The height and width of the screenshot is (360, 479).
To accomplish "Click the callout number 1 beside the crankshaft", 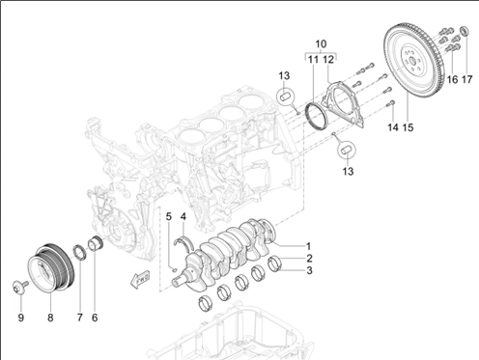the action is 308,246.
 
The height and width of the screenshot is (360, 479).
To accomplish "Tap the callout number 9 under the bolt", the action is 21,318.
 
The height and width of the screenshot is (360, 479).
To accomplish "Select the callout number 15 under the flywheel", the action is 408,127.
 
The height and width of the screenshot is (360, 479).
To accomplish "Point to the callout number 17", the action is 467,79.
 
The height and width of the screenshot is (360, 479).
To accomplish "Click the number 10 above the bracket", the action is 321,43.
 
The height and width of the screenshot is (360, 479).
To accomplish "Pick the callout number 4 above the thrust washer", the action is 183,216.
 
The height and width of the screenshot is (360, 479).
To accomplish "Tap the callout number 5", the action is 169,216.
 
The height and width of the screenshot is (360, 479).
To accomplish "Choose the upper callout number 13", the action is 284,76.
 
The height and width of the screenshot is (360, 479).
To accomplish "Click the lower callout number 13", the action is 348,171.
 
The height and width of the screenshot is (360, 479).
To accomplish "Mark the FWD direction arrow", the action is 140,279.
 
